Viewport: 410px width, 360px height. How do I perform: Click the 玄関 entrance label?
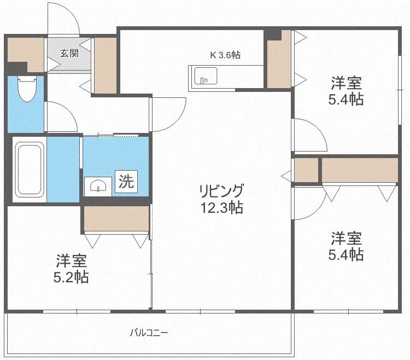69,54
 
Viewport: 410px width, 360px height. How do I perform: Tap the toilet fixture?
26,89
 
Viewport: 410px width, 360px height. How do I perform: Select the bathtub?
30,170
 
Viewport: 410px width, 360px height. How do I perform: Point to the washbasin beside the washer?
98,187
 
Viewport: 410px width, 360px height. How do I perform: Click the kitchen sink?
206,76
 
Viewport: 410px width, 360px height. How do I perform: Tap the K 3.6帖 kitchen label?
225,55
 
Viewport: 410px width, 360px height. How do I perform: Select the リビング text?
221,191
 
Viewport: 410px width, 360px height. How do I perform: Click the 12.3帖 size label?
222,208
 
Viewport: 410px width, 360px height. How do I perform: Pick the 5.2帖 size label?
71,277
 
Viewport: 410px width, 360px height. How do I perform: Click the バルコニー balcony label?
149,333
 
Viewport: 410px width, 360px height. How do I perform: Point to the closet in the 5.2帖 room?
116,218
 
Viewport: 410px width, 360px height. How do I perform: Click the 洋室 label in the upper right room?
346,83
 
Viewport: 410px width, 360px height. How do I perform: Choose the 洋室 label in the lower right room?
346,238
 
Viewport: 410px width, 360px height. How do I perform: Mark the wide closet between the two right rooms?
360,170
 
